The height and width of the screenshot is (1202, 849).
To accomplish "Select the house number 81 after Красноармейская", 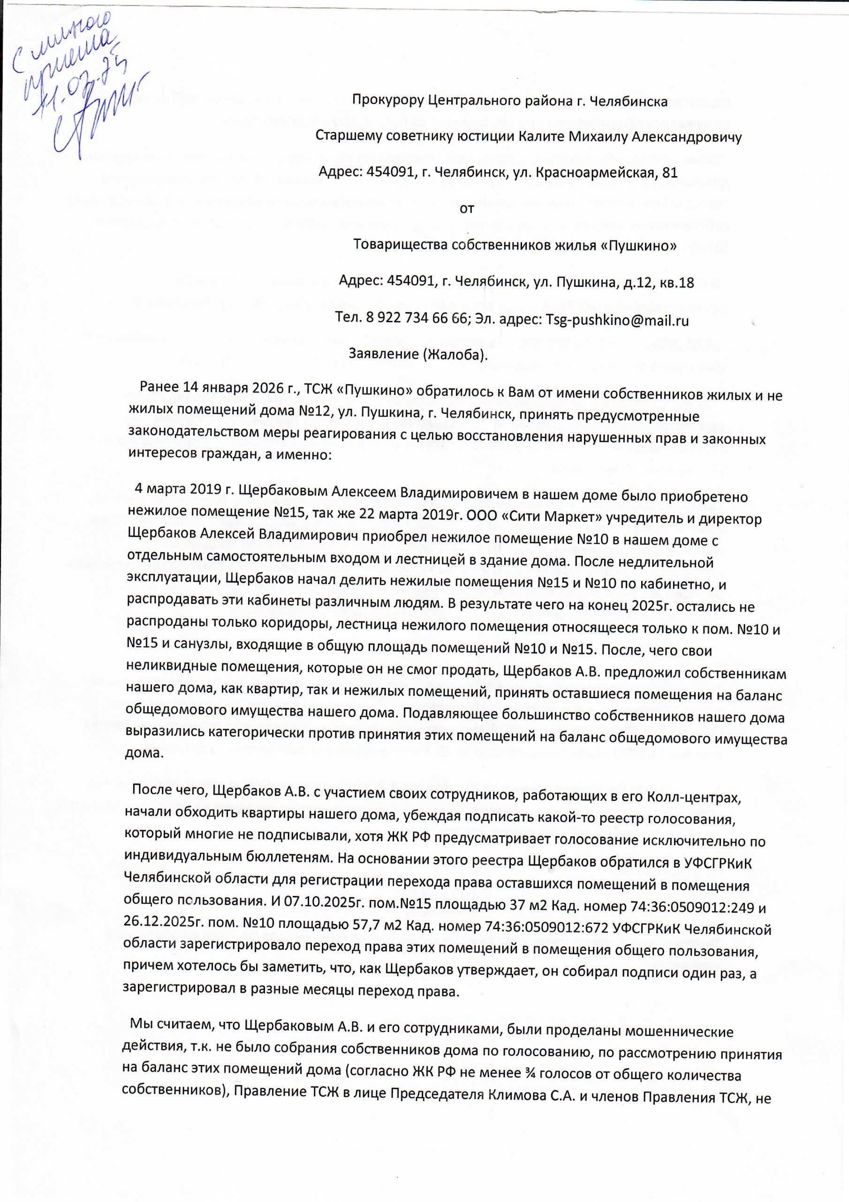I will [x=669, y=173].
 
